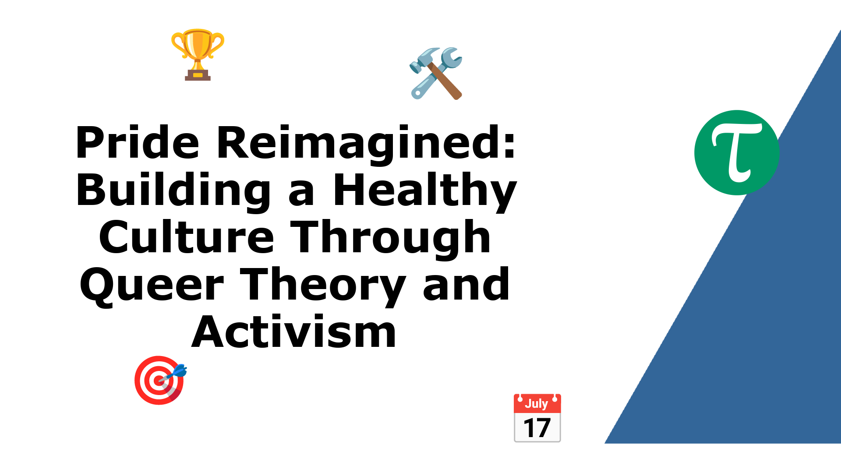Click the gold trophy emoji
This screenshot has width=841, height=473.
click(198, 55)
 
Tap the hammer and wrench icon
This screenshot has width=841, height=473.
click(436, 74)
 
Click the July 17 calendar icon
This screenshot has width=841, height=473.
click(537, 418)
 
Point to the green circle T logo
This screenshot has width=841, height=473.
click(737, 152)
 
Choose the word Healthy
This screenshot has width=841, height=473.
click(425, 191)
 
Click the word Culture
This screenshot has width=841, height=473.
click(187, 237)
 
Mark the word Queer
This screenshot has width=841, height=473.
click(152, 286)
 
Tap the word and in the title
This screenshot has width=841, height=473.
click(466, 284)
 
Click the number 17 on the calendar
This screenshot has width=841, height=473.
click(537, 428)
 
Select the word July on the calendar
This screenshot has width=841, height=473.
click(537, 403)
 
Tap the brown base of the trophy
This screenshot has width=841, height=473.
click(198, 75)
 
